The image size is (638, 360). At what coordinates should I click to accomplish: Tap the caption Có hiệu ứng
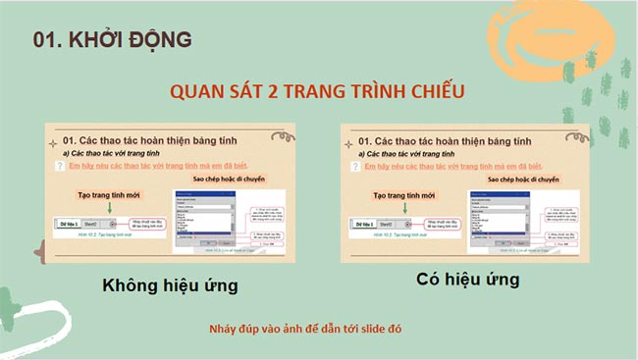[466, 280]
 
